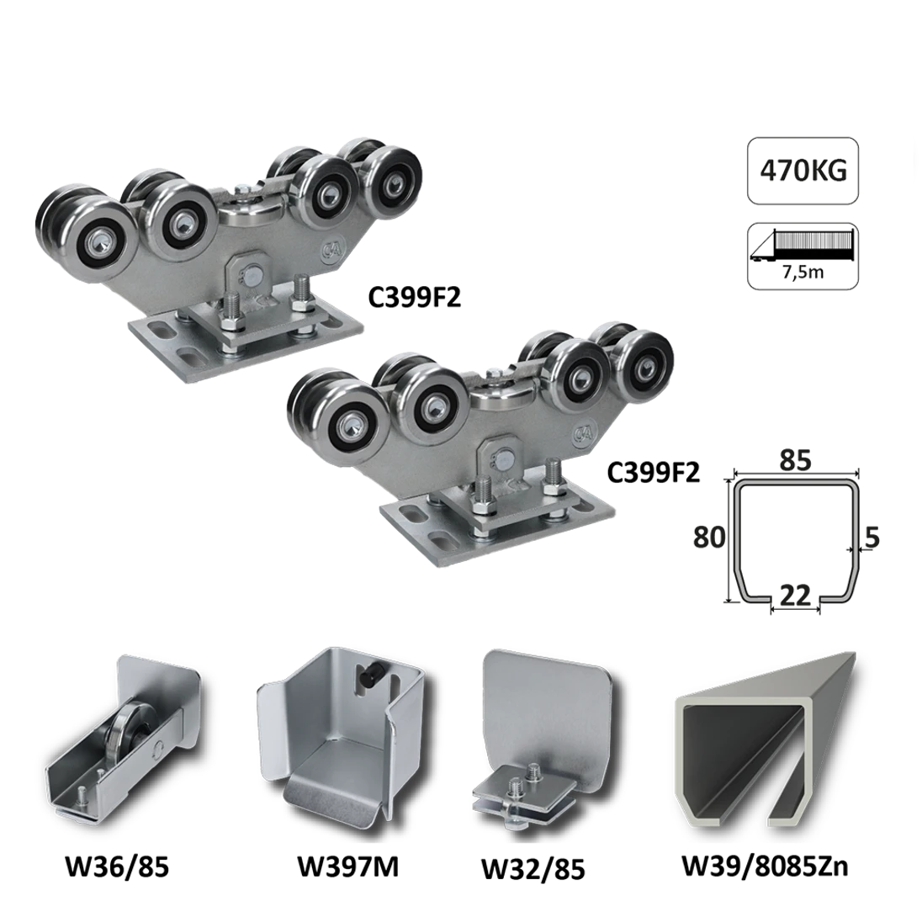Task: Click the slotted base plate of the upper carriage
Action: coord(244,340)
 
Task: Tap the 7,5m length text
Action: coord(803,273)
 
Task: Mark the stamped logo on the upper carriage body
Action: coord(329,251)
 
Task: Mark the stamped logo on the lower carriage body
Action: coord(582,433)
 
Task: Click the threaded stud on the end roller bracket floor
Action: coord(80,794)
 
